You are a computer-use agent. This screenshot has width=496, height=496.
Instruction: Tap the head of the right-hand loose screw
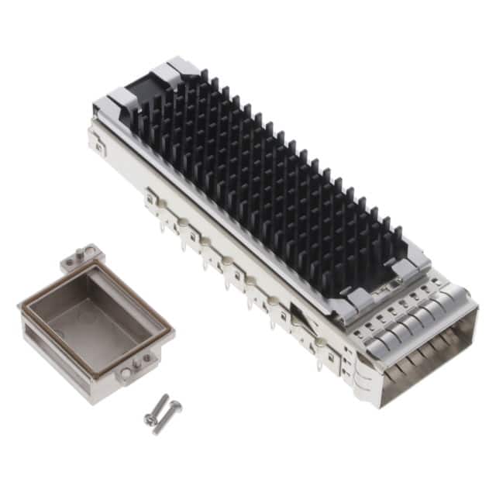pyautogui.click(x=174, y=405)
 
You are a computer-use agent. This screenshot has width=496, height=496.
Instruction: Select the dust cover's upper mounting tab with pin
pyautogui.click(x=83, y=256)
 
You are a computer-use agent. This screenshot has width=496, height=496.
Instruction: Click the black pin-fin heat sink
pyautogui.click(x=263, y=186)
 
